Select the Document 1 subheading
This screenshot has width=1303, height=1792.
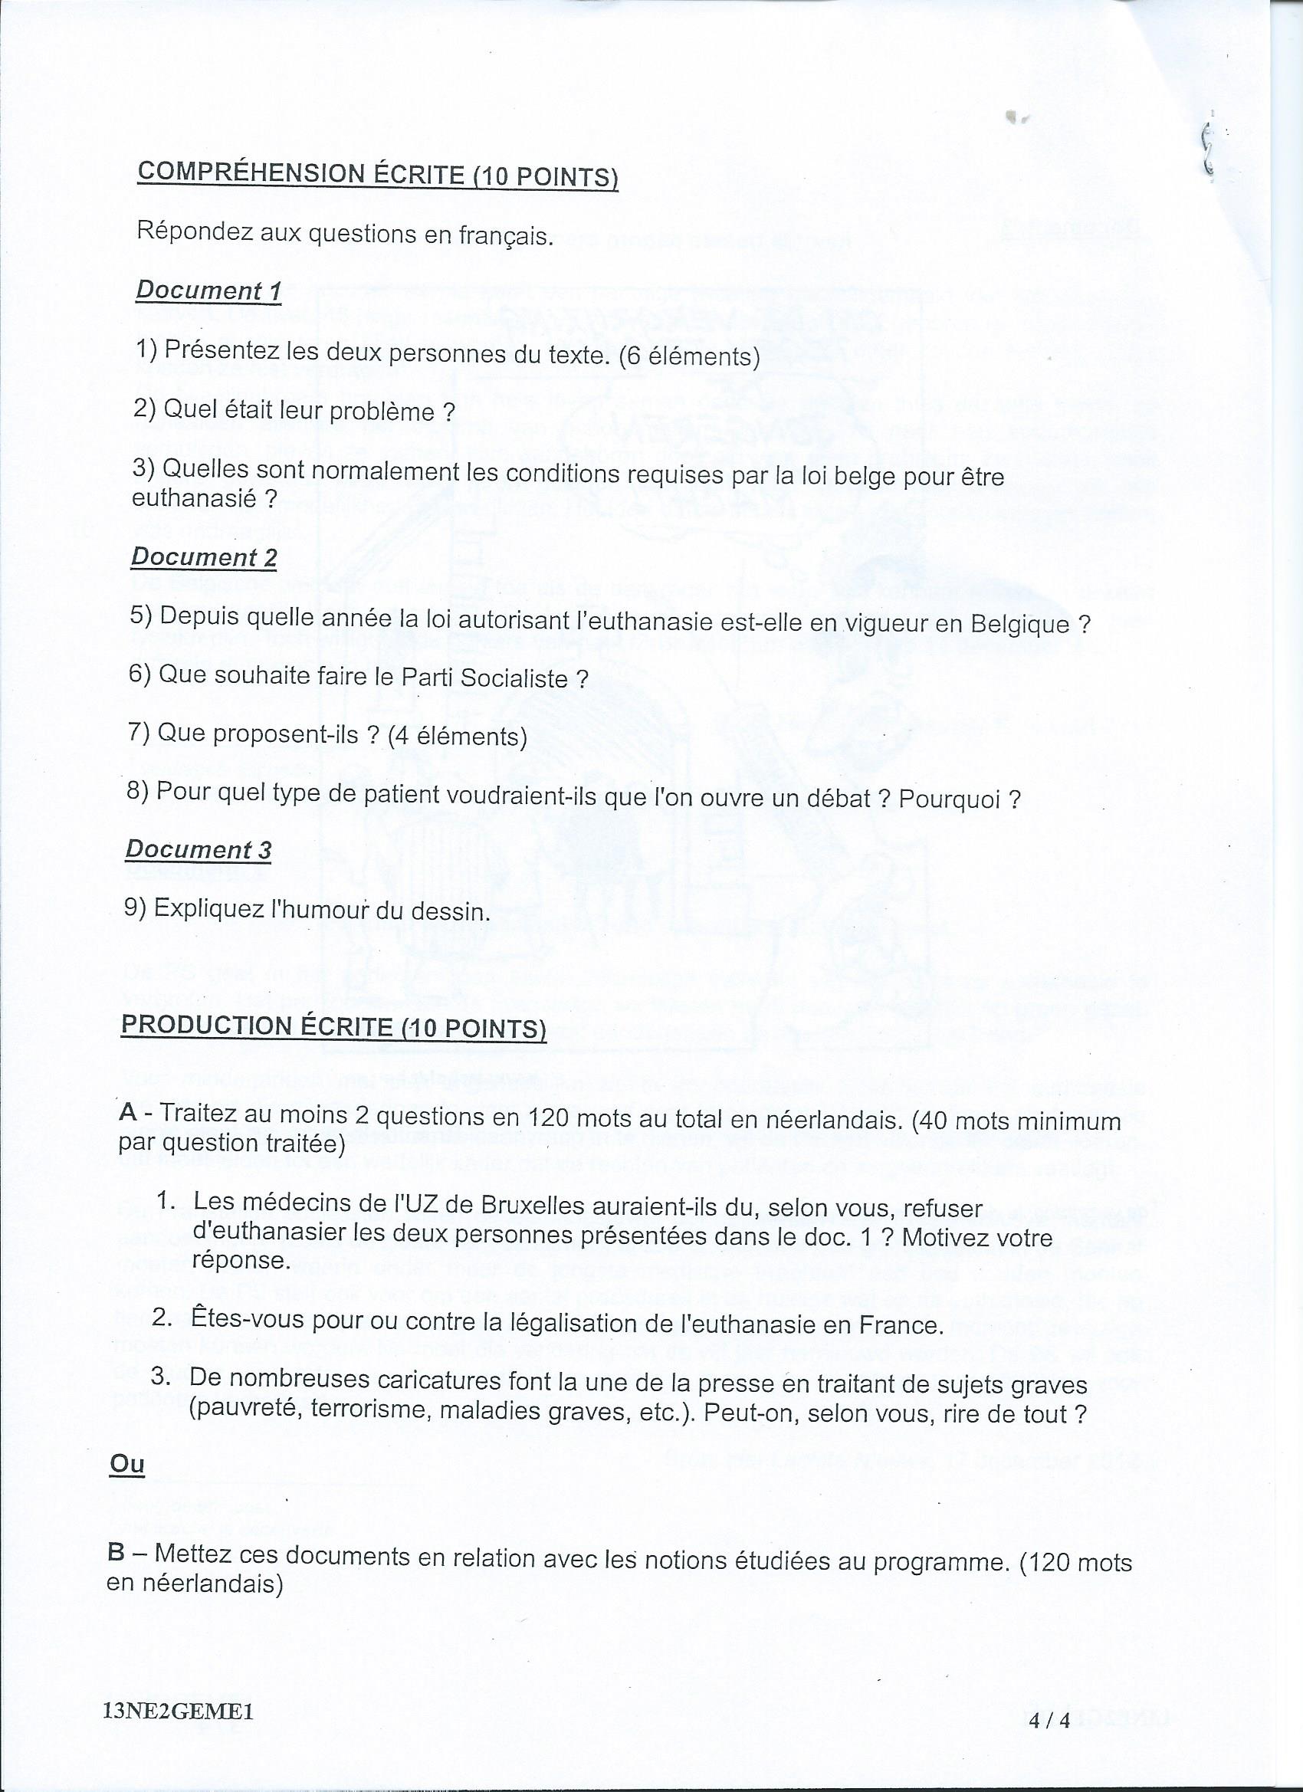[208, 290]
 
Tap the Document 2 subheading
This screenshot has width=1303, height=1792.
[204, 557]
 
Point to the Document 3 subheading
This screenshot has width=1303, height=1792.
[199, 849]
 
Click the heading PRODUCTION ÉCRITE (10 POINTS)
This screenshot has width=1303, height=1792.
[333, 1026]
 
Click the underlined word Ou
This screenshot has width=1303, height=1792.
[126, 1463]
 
